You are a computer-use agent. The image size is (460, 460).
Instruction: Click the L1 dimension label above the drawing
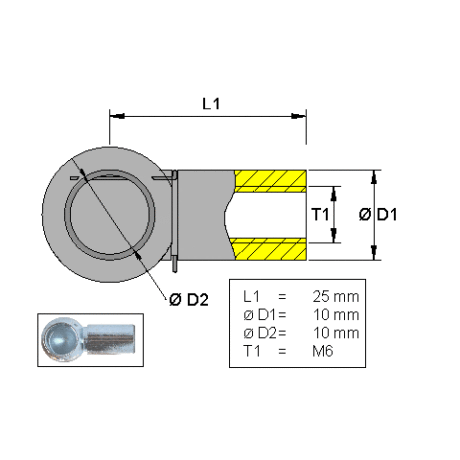[211, 104]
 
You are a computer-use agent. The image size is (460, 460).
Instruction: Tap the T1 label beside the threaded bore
[320, 214]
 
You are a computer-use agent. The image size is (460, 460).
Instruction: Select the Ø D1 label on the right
[378, 214]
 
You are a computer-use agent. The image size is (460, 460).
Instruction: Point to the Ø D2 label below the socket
[189, 300]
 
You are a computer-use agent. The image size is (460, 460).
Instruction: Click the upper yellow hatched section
[270, 181]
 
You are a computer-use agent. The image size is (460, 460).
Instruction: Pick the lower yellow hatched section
[269, 249]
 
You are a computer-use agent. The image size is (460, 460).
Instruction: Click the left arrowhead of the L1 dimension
[117, 116]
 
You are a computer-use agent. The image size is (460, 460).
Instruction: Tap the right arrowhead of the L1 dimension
[299, 116]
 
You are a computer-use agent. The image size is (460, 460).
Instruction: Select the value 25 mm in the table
[336, 296]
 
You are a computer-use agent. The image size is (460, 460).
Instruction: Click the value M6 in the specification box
[323, 351]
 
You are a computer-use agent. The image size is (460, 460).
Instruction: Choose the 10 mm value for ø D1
[336, 315]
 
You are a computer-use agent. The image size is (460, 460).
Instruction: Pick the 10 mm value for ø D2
[336, 333]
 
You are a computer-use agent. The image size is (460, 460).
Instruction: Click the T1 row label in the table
[252, 351]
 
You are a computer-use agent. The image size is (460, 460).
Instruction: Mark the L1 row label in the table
[251, 296]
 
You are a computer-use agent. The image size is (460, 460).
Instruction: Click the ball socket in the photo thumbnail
[61, 339]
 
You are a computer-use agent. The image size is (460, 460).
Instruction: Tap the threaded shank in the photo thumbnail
[110, 339]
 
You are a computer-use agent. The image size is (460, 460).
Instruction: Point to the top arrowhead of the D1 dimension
[374, 177]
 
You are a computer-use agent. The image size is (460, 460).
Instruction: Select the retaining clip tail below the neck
[175, 264]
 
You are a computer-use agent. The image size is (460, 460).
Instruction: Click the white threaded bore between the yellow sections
[267, 215]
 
